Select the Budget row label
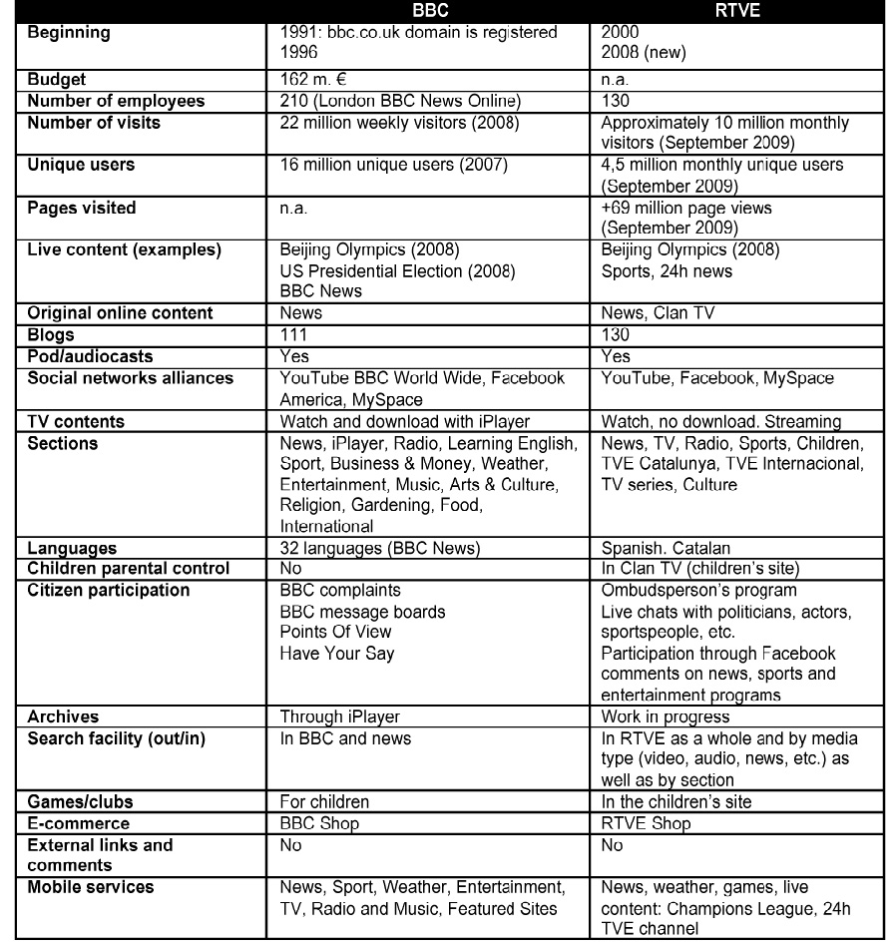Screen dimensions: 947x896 click(x=57, y=79)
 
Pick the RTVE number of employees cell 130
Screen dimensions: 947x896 click(x=616, y=101)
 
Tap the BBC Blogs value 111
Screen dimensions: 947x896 click(x=293, y=334)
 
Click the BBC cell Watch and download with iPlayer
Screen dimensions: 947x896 click(x=404, y=421)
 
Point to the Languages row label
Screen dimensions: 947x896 click(x=72, y=548)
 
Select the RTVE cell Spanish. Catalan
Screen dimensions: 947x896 click(x=666, y=548)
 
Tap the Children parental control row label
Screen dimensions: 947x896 click(x=129, y=569)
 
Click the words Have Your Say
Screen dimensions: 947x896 click(x=337, y=654)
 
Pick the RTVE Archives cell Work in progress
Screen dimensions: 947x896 click(x=666, y=716)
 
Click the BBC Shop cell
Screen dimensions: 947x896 click(x=319, y=823)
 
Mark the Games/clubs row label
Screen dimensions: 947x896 click(x=80, y=801)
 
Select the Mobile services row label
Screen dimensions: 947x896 click(x=91, y=887)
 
